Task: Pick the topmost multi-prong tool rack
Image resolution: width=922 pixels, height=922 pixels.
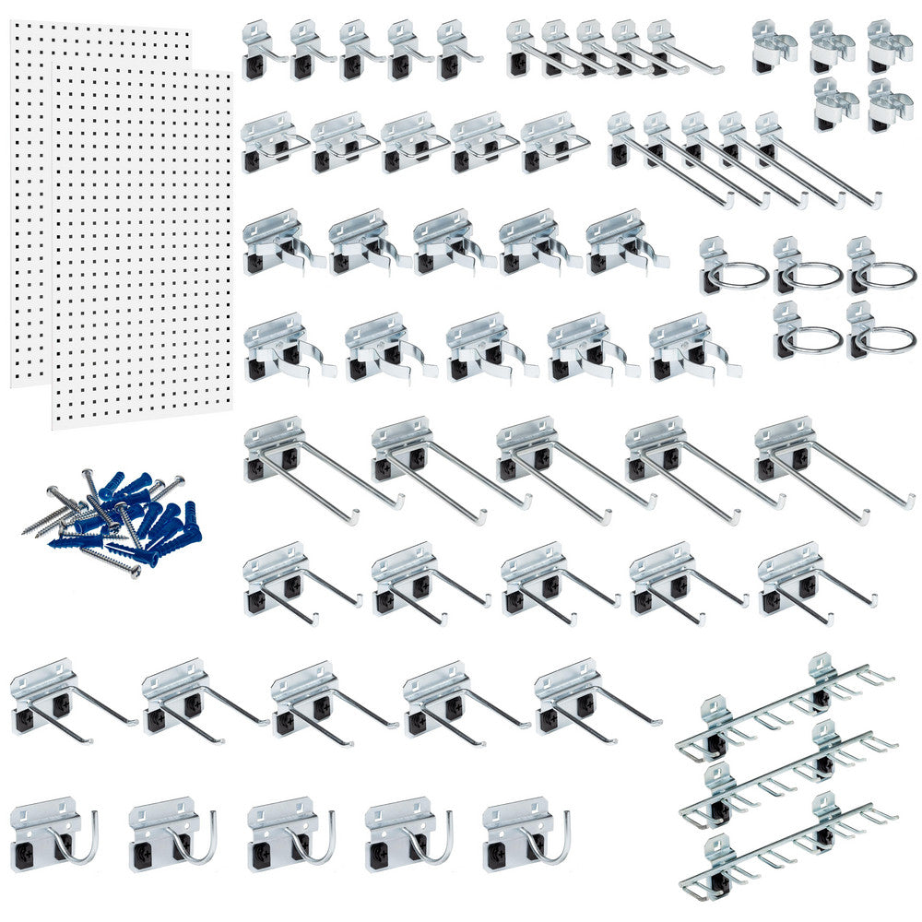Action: [784, 705]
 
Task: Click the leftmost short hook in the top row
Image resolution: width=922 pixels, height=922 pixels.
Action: [263, 52]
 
